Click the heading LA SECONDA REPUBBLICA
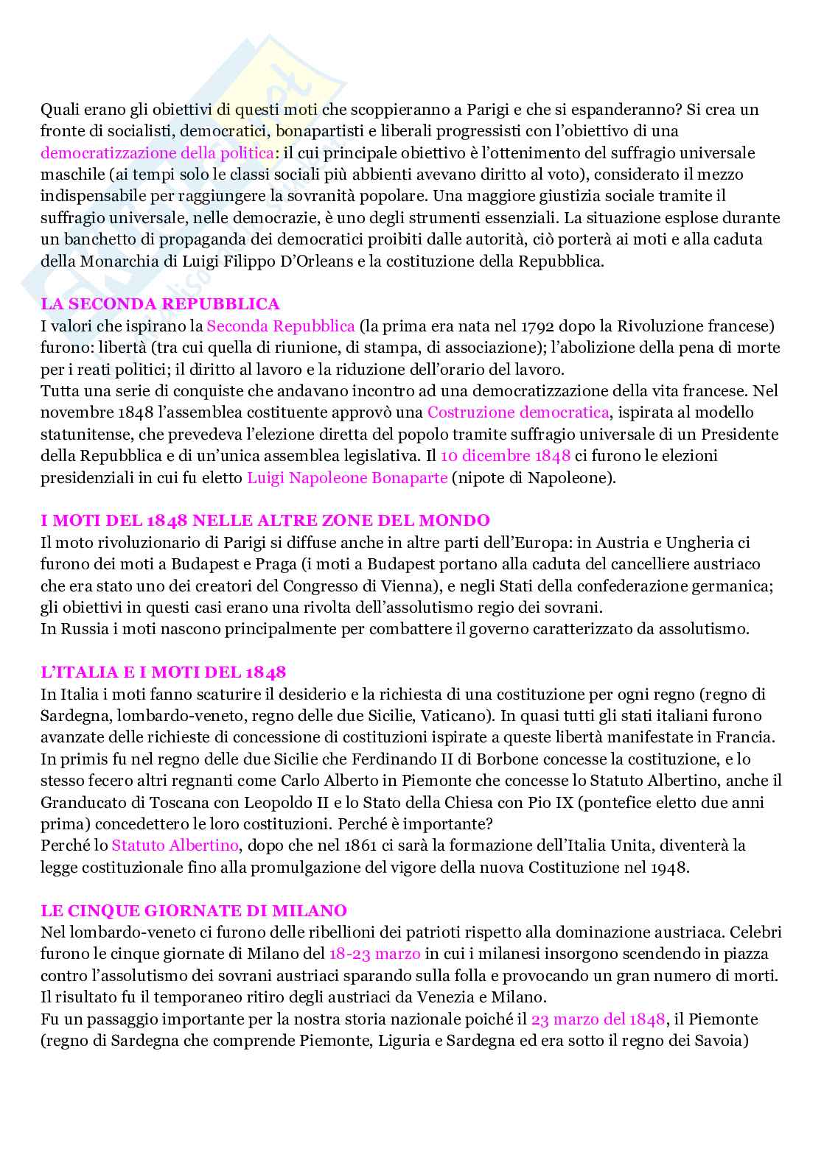160,303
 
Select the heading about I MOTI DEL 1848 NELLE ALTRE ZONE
265,521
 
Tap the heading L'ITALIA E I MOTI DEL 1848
163,672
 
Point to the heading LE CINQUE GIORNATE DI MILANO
194,910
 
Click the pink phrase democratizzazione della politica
157,152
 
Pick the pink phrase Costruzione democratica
518,412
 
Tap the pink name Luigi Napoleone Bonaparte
347,477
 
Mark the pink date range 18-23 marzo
374,954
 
